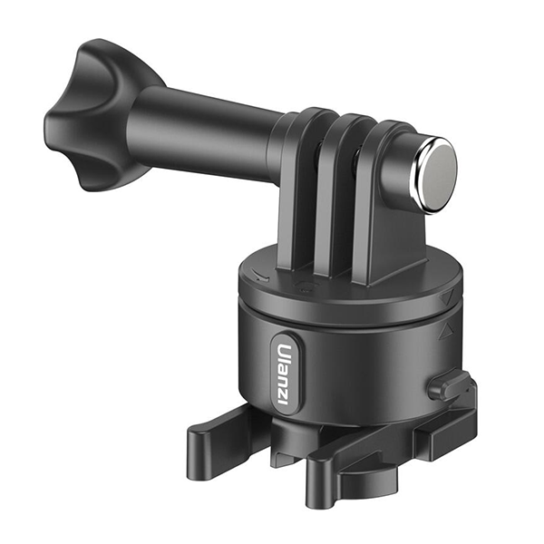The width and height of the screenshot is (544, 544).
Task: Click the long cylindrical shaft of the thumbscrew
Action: [205, 133]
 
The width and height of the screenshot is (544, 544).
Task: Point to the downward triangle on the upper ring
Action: [447, 296]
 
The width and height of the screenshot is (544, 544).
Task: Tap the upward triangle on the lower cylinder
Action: [445, 332]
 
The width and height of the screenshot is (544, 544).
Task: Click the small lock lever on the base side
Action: [450, 385]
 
